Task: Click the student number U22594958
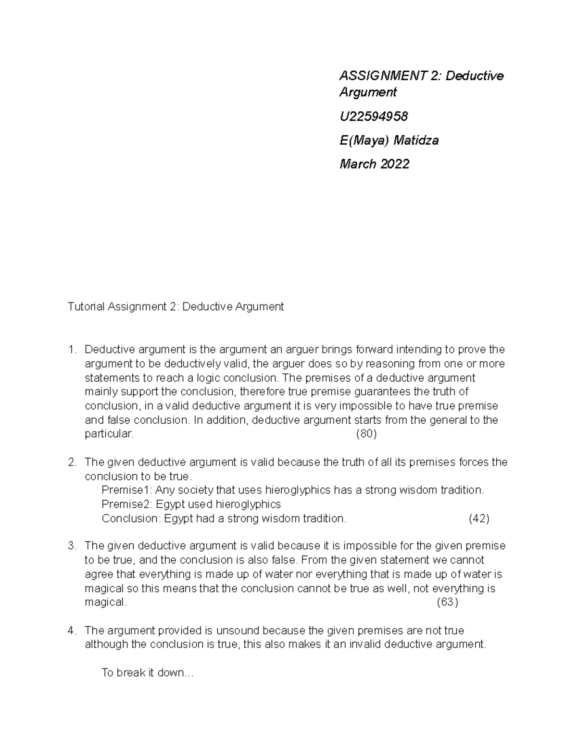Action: click(374, 116)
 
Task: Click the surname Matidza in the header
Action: click(416, 140)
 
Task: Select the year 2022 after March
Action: click(395, 164)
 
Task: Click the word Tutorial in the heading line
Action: click(86, 306)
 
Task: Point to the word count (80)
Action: click(366, 434)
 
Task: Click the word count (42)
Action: click(478, 519)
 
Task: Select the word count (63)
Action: click(447, 602)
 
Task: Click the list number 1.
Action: click(72, 349)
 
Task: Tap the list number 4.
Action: click(72, 630)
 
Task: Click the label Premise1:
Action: click(127, 490)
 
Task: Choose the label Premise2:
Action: click(127, 504)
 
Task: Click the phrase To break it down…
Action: click(147, 672)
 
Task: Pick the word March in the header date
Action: click(358, 164)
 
